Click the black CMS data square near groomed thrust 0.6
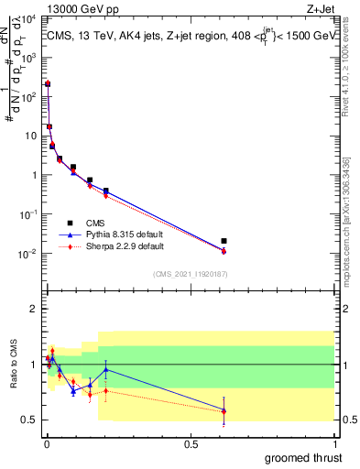224,241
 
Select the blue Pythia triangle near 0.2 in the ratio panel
106,370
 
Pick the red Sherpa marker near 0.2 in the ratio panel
106,391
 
